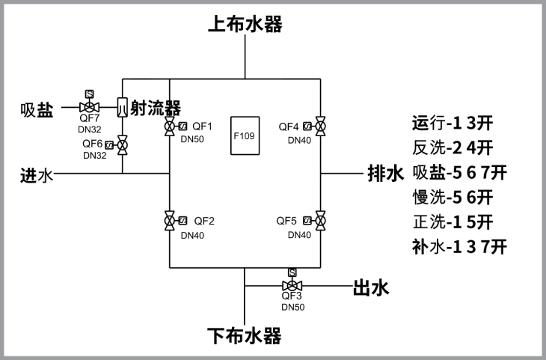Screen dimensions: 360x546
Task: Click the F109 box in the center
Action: [244, 136]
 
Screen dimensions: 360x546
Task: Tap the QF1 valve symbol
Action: [171, 126]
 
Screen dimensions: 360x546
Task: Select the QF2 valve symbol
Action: [171, 221]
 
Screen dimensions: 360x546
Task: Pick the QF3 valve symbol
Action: [292, 286]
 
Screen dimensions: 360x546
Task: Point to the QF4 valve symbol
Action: [320, 126]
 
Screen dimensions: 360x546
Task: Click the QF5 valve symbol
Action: [320, 221]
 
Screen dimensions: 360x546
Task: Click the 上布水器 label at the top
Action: [245, 25]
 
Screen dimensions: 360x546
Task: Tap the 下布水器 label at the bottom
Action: [245, 336]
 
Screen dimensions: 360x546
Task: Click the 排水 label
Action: [385, 174]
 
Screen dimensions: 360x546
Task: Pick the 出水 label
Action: [371, 287]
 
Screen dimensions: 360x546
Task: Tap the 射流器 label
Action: [156, 109]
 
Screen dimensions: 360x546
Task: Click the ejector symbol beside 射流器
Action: [123, 108]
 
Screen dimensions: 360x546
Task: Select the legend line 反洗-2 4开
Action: [453, 147]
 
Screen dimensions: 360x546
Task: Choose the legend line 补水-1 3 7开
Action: [460, 246]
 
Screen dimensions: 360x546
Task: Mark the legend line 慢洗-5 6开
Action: [453, 197]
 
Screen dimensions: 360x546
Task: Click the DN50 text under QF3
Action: [292, 307]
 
